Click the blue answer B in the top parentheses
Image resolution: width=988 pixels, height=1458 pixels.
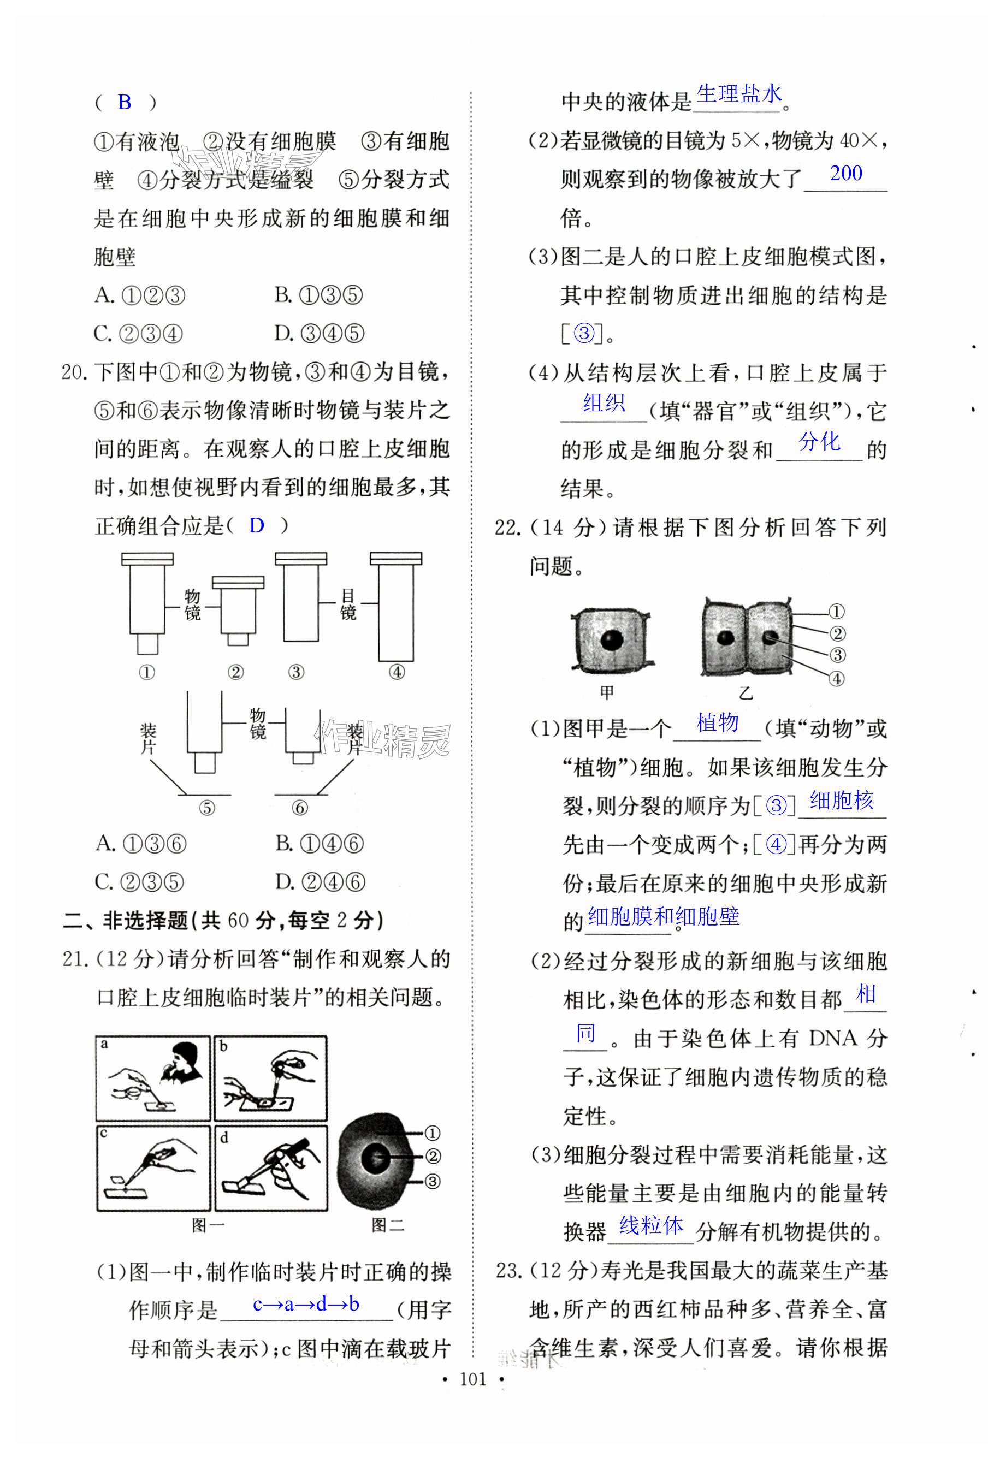coord(124,102)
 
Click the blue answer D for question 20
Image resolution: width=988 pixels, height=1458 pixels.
coord(256,525)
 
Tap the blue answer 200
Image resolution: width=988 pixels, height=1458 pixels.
coord(845,173)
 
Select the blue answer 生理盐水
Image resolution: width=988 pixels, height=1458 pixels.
coord(739,94)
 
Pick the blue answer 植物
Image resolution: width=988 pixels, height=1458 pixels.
coord(717,723)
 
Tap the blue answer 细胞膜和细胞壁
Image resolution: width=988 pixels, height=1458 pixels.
coord(663,917)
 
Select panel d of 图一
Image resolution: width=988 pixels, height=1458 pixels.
coord(271,1167)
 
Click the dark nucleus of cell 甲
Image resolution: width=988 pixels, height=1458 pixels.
coord(611,641)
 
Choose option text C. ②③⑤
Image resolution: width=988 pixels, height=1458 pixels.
coord(139,882)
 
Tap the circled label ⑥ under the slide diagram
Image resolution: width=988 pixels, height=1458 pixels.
coord(300,808)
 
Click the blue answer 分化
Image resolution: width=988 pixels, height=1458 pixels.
coord(819,442)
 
